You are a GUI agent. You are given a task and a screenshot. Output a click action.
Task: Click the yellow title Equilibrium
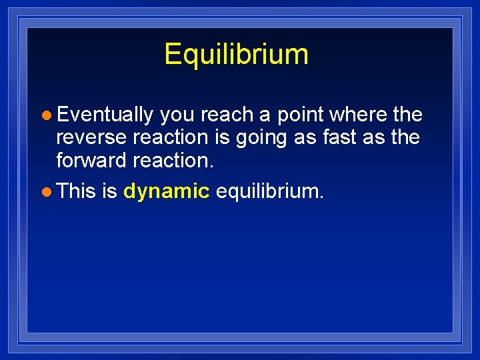pyautogui.click(x=236, y=54)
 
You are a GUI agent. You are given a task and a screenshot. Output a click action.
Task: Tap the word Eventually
pyautogui.click(x=105, y=115)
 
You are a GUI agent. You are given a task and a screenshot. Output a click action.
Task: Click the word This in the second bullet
pyautogui.click(x=77, y=192)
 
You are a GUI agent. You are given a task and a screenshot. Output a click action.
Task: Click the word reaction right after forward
pyautogui.click(x=174, y=161)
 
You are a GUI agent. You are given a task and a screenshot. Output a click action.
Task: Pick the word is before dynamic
pyautogui.click(x=110, y=192)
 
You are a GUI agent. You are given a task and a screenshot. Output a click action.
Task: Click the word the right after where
pyautogui.click(x=408, y=115)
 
